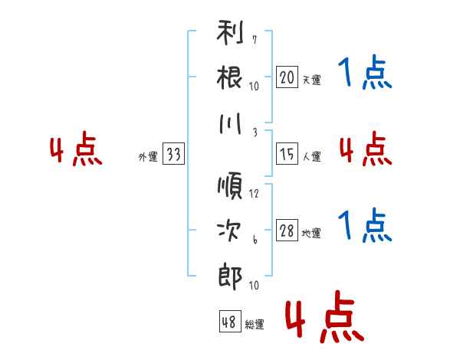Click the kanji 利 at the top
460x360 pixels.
click(230, 36)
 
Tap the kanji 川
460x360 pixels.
click(230, 123)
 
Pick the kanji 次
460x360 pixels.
click(230, 230)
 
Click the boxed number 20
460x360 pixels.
click(287, 77)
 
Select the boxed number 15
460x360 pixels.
click(287, 154)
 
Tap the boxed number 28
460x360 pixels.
click(287, 231)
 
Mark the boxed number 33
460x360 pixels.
click(173, 155)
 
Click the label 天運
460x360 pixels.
click(311, 80)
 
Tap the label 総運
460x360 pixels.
click(255, 325)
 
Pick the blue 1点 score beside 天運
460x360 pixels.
click(366, 74)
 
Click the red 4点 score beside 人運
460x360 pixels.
click(366, 149)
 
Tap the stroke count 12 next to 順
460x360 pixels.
click(255, 193)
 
